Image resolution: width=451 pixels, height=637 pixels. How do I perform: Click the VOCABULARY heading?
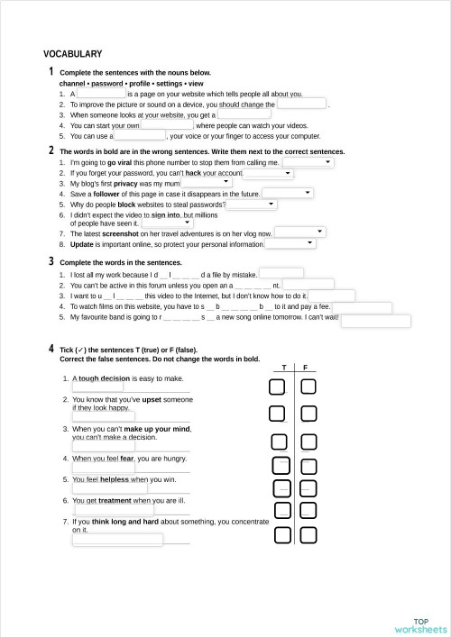click(x=72, y=54)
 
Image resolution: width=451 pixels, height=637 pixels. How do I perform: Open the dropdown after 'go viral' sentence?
click(x=308, y=163)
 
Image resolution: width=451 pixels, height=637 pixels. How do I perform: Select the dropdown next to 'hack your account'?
click(x=268, y=173)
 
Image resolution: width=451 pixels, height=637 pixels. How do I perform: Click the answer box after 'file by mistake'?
click(x=281, y=274)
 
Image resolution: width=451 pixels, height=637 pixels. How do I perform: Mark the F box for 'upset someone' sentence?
click(x=308, y=414)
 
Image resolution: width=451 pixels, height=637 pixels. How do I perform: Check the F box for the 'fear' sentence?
click(x=308, y=466)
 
